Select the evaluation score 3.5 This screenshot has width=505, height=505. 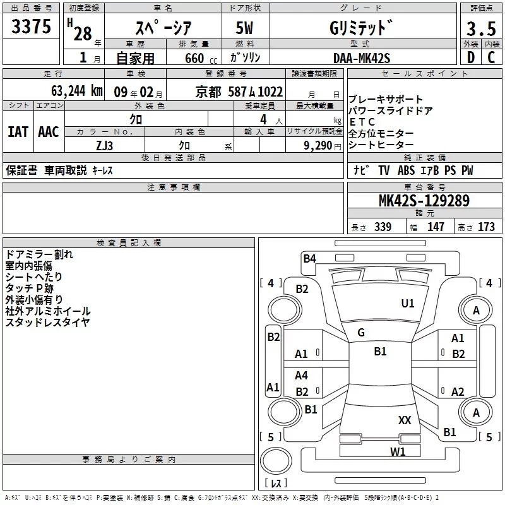click(x=480, y=30)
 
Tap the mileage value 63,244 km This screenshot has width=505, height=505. click(x=73, y=91)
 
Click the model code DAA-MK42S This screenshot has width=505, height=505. click(x=362, y=58)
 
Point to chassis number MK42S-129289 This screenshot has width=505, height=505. click(x=424, y=201)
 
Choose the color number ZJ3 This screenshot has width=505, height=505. click(x=104, y=145)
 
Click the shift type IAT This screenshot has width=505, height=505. click(x=17, y=132)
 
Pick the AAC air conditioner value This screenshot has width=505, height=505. click(x=48, y=132)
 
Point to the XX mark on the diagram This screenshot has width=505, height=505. click(x=405, y=420)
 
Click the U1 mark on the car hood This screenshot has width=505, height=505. click(x=408, y=304)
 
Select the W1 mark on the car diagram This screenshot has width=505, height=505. click(x=397, y=451)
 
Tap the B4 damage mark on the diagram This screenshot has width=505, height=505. click(x=309, y=258)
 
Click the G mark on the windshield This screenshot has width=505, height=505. click(x=361, y=333)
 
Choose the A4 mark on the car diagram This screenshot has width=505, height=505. click(x=302, y=376)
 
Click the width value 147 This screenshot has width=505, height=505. click(x=436, y=227)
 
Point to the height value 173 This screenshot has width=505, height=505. click(x=486, y=227)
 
